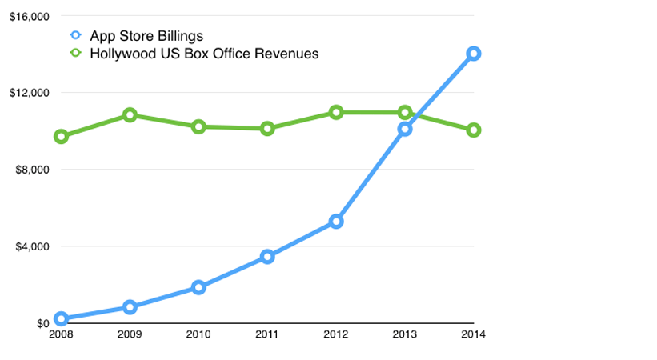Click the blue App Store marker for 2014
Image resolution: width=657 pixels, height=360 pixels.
pyautogui.click(x=474, y=54)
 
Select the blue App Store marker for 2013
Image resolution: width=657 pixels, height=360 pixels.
pyautogui.click(x=405, y=128)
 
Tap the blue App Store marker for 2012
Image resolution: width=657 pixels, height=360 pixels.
pyautogui.click(x=336, y=222)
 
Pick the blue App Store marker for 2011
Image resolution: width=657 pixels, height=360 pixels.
pyautogui.click(x=267, y=257)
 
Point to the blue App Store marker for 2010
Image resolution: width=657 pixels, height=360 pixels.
pyautogui.click(x=198, y=287)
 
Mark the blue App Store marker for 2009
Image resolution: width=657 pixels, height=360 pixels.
pyautogui.click(x=130, y=307)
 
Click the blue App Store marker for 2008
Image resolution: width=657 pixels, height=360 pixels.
pyautogui.click(x=61, y=318)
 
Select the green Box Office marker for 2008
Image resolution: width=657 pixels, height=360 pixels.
pyautogui.click(x=61, y=137)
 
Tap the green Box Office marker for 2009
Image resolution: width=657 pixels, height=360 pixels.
pyautogui.click(x=130, y=115)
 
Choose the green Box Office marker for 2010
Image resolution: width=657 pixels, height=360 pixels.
pyautogui.click(x=198, y=126)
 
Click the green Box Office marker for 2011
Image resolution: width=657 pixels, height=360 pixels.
pyautogui.click(x=267, y=128)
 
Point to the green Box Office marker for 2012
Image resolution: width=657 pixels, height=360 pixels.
pyautogui.click(x=336, y=112)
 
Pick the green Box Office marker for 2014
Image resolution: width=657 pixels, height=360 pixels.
pyautogui.click(x=474, y=130)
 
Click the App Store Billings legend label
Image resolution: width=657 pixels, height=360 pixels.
pyautogui.click(x=146, y=36)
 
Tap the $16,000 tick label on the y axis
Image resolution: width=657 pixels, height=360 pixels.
pyautogui.click(x=29, y=16)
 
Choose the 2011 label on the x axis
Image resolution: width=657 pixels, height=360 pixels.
pyautogui.click(x=267, y=334)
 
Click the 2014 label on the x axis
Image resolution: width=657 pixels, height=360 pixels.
pyautogui.click(x=474, y=334)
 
